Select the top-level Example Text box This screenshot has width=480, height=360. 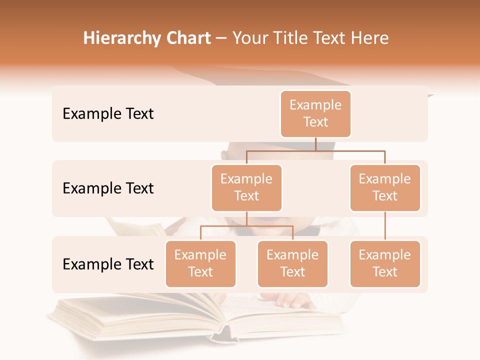tap(315, 113)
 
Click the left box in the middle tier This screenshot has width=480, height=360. tap(246, 187)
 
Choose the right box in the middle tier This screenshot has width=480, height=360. tap(385, 187)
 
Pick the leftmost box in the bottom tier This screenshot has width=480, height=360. tap(200, 263)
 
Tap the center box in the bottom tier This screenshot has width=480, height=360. tap(292, 263)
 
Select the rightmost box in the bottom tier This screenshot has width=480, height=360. tap(385, 263)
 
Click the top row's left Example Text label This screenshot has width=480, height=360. tap(108, 114)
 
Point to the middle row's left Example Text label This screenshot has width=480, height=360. tap(108, 188)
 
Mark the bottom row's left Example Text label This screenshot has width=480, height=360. tap(108, 264)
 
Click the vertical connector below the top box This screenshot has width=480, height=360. tap(315, 144)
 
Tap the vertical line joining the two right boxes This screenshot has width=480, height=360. tap(385, 226)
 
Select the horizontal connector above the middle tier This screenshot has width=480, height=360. tap(315, 150)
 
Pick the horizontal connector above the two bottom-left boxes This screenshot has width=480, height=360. tap(246, 226)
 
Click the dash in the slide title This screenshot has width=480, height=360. tap(221, 38)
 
